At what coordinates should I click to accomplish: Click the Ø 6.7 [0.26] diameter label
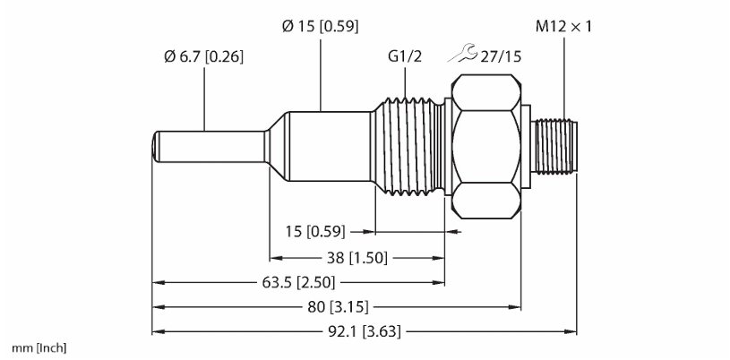pos(203,56)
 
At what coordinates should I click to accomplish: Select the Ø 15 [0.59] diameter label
pos(321,27)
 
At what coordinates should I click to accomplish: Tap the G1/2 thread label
pos(405,56)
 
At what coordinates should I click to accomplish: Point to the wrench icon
pos(462,53)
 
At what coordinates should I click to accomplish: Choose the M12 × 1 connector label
pos(563,27)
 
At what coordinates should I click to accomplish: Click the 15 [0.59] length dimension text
pos(315,231)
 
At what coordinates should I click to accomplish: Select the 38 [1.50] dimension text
pos(356,258)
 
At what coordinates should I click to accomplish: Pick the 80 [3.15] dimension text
pos(339,307)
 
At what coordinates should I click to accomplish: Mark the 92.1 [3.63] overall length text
pos(362,332)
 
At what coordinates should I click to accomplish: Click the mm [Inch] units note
pos(39,347)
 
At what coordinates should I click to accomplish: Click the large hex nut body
pos(486,146)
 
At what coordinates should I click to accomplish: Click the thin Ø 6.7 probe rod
pos(210,147)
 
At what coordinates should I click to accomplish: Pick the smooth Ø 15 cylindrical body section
pos(329,146)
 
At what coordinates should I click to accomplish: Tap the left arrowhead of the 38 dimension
pos(276,258)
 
